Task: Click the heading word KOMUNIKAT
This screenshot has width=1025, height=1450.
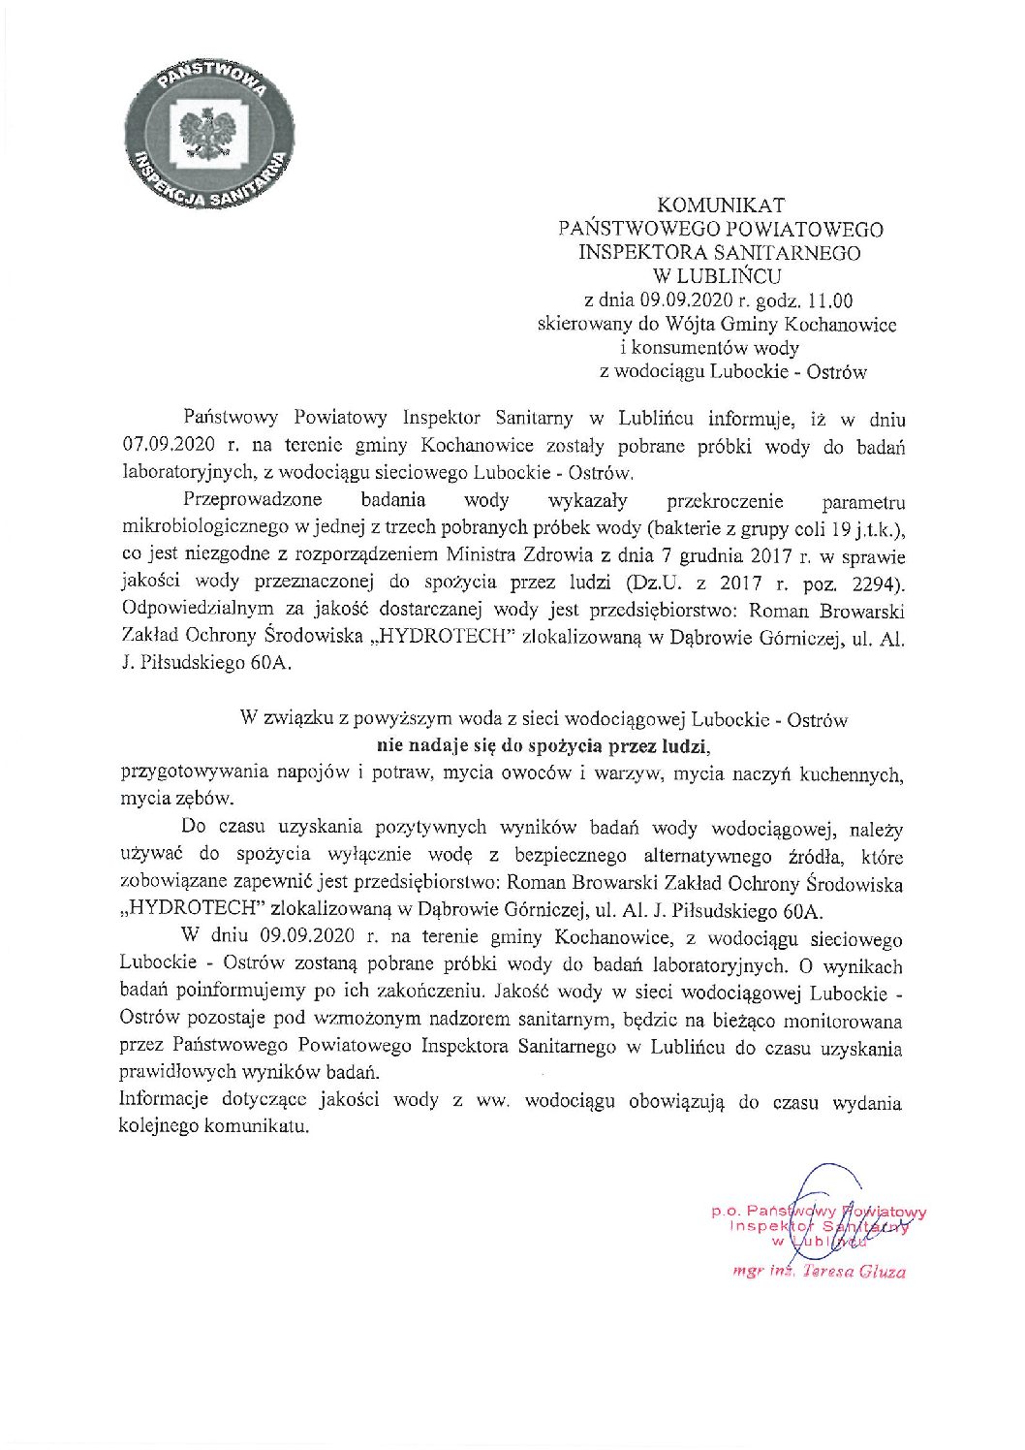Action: (721, 205)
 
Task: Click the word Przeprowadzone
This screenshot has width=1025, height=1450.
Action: (251, 501)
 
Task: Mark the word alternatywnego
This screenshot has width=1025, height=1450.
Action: (703, 856)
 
